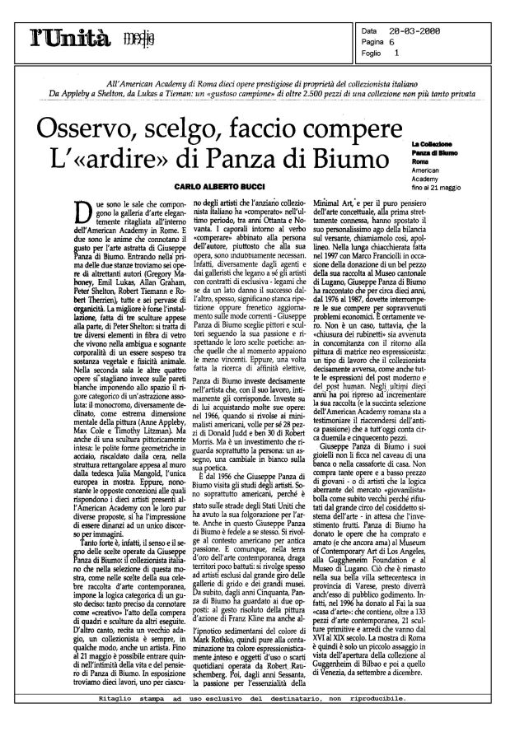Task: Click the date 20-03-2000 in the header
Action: tap(415, 30)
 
